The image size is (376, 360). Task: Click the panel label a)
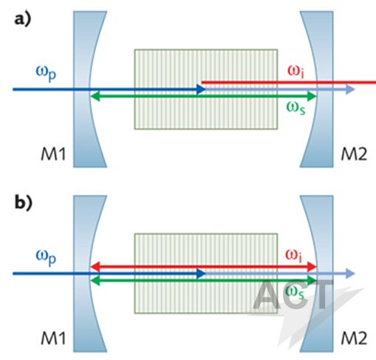point(23,20)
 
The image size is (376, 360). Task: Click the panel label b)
point(23,203)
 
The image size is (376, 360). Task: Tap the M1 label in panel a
point(53,154)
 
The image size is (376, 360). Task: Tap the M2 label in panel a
point(354,154)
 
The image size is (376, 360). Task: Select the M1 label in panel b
point(53,338)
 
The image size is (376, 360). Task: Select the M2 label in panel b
point(354,338)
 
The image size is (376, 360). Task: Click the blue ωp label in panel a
point(46,73)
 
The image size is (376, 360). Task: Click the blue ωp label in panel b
point(46,257)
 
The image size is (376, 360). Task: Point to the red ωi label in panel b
point(293,255)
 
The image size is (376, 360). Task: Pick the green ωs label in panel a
point(295,108)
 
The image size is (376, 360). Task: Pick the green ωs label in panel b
point(295,293)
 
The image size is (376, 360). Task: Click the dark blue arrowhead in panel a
point(201,89)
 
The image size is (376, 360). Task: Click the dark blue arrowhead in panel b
point(201,274)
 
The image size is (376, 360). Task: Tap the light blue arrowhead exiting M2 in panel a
point(349,89)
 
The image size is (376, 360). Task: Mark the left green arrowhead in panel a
point(95,96)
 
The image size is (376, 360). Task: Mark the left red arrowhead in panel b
point(95,267)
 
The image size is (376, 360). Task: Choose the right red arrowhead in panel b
point(312,267)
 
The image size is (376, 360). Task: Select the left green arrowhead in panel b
point(95,280)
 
